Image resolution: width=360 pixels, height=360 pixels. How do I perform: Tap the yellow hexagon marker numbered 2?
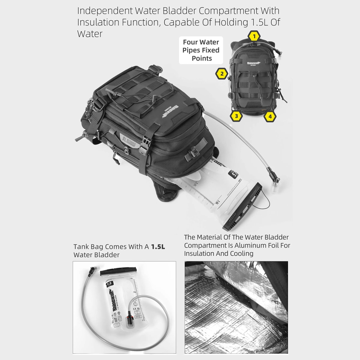(x=222, y=73)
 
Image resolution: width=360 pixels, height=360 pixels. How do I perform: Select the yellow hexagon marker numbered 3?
(x=236, y=116)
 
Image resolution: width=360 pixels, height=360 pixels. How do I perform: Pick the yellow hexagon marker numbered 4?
(x=270, y=116)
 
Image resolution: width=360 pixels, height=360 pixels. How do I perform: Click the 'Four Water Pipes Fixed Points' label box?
(x=201, y=50)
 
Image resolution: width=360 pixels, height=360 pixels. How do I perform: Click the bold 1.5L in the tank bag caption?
(x=158, y=247)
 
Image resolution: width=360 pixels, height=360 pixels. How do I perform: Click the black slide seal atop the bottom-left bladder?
(x=119, y=271)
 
